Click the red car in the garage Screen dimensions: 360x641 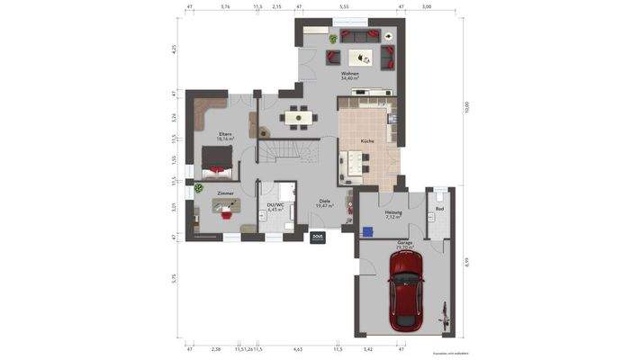coord(407,290)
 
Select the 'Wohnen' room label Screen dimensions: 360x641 coord(350,74)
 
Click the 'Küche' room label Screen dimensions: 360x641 coord(367,141)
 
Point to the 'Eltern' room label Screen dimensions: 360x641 coord(225,135)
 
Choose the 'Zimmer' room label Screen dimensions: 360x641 coord(225,193)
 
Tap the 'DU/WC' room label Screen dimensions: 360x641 coord(275,204)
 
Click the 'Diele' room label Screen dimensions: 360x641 coord(324,202)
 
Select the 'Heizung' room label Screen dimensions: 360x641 coord(393,211)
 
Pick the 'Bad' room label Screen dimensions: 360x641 coord(439,209)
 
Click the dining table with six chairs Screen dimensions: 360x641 coord(297,116)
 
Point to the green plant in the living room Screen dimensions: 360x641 coord(332,39)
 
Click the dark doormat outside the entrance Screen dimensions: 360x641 coord(317,238)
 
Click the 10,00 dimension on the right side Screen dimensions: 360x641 coord(467,107)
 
